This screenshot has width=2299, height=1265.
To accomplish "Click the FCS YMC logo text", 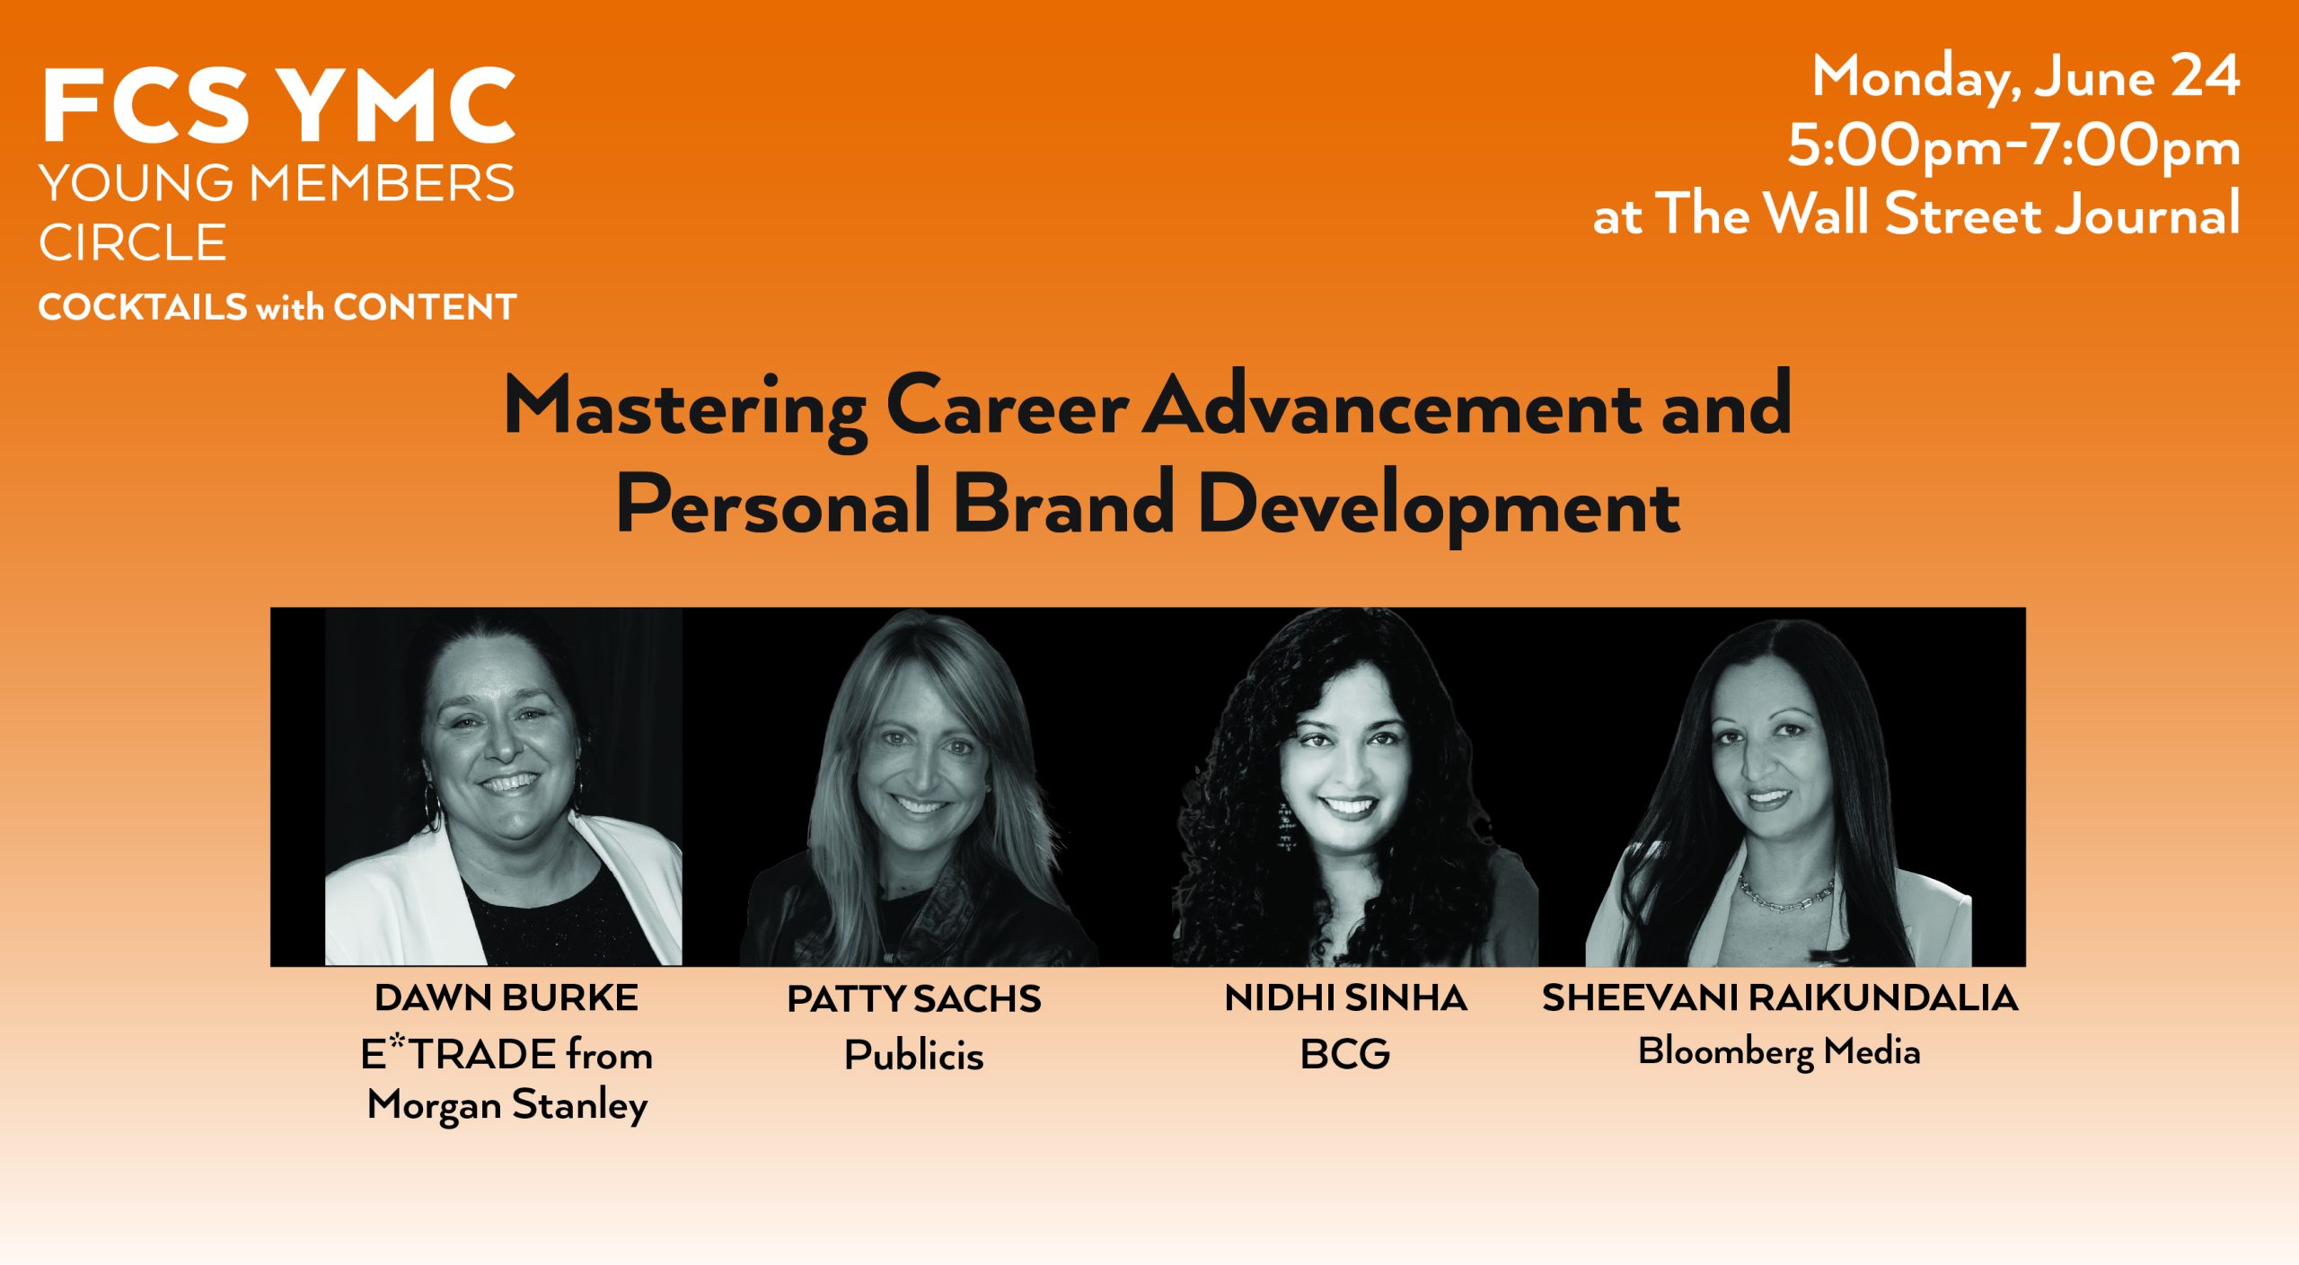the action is [278, 106].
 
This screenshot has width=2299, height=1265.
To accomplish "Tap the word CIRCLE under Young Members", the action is [133, 243].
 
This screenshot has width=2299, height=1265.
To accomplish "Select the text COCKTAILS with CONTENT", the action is [277, 307].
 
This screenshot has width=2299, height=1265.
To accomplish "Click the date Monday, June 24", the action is [2026, 77].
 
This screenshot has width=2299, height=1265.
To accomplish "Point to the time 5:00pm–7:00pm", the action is [2014, 146].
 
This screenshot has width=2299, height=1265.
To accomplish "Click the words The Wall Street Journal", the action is [1948, 214].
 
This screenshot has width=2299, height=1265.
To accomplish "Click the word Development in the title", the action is [1439, 505].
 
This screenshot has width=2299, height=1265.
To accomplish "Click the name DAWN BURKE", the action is [506, 997].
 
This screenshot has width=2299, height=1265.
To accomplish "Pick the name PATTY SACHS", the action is [914, 999].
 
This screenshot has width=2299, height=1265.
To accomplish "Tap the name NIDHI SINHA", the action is [1345, 997].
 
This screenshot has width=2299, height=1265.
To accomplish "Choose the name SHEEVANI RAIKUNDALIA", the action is [1780, 997].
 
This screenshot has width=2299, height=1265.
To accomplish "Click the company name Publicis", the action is [914, 1055].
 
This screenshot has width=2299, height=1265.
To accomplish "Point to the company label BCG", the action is [1345, 1054].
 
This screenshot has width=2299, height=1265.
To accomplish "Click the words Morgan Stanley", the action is [507, 1105].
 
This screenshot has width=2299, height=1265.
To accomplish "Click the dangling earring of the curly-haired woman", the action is [1286, 826].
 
